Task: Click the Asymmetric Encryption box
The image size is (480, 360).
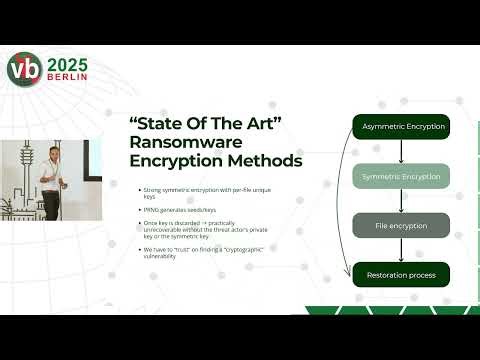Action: click(x=400, y=126)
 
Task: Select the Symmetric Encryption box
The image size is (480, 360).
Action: click(x=400, y=176)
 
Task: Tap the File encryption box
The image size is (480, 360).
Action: click(x=400, y=224)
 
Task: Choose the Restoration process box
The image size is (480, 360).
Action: click(x=400, y=273)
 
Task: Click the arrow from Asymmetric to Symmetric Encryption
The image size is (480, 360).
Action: click(x=400, y=151)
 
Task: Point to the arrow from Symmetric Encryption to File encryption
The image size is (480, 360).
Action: click(x=400, y=200)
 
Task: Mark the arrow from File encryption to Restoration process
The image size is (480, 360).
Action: click(x=400, y=249)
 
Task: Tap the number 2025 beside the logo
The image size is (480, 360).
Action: click(x=67, y=62)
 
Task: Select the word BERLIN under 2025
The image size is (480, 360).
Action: click(x=67, y=78)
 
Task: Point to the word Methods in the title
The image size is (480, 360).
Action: click(x=259, y=160)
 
